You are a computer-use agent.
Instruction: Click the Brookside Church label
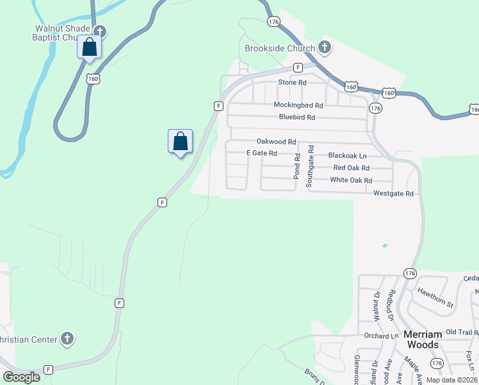[280, 49]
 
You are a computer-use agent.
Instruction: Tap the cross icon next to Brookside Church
[325, 47]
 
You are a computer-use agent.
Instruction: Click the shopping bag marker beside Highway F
[181, 141]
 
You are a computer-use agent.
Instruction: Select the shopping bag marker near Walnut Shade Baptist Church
[90, 47]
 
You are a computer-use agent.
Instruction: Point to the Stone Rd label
[292, 83]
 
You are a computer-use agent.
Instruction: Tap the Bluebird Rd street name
[297, 117]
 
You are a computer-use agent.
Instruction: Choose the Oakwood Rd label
[276, 141]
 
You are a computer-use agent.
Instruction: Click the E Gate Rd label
[262, 153]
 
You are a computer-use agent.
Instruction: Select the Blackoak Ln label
[347, 155]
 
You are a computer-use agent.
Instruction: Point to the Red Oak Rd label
[352, 167]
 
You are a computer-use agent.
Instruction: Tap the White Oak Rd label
[351, 180]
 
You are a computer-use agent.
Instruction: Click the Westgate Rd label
[393, 193]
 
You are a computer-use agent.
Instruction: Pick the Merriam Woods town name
[423, 339]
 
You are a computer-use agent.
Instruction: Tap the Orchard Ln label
[380, 336]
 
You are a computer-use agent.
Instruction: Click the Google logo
[21, 377]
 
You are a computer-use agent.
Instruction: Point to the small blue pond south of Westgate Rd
[384, 245]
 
